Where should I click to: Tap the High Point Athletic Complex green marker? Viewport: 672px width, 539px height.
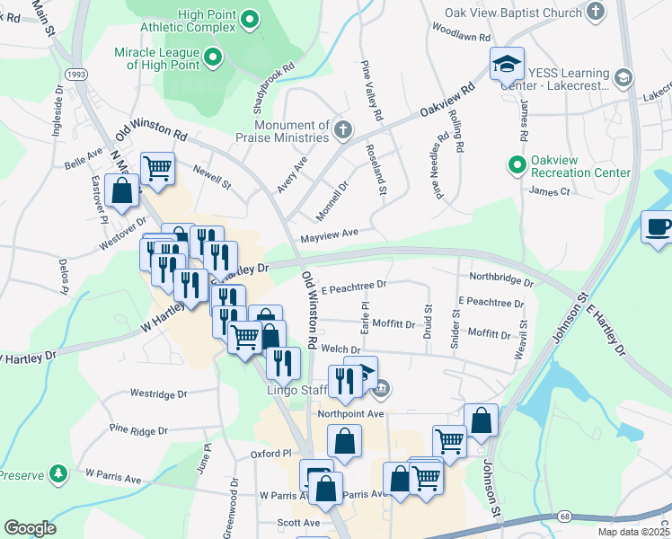[x=252, y=19]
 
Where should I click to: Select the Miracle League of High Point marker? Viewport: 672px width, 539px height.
[x=214, y=59]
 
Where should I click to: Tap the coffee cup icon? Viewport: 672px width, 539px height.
[x=659, y=226]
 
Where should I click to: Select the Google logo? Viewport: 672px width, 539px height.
[x=30, y=528]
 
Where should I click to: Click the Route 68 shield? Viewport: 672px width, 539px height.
[x=564, y=516]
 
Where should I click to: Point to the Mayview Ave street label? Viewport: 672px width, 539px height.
[x=329, y=234]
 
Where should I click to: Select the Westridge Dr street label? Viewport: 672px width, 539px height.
[x=158, y=393]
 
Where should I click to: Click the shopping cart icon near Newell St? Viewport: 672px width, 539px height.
[x=158, y=167]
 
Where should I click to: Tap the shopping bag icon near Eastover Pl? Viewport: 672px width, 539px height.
[x=121, y=190]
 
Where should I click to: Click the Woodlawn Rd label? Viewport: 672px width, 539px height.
[x=461, y=39]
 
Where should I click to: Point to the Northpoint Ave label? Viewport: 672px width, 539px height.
[x=350, y=413]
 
